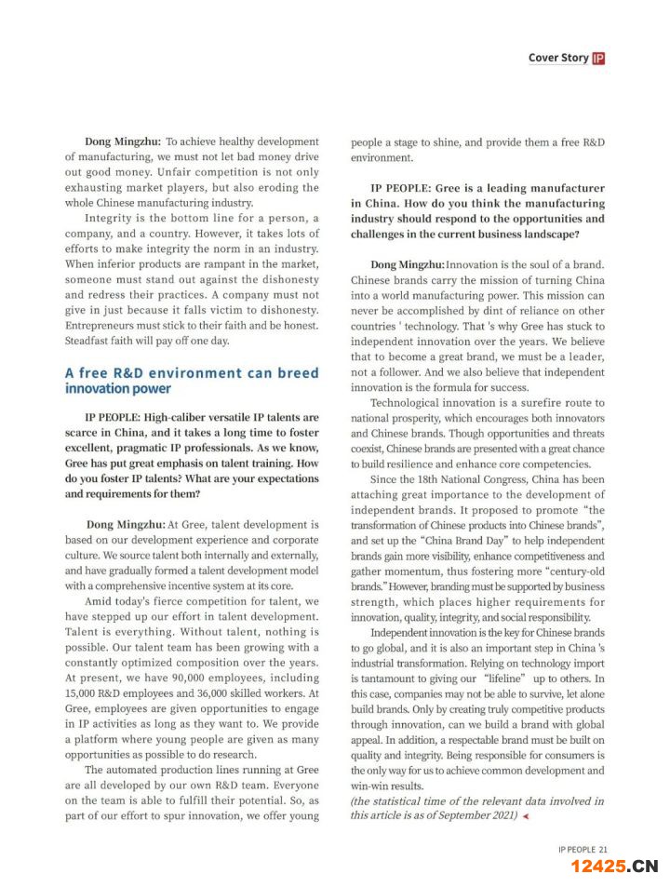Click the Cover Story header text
click(557, 58)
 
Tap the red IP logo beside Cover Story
click(598, 58)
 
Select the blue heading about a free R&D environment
click(192, 380)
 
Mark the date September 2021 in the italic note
click(476, 815)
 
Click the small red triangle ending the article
click(525, 816)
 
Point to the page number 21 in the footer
click(603, 849)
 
